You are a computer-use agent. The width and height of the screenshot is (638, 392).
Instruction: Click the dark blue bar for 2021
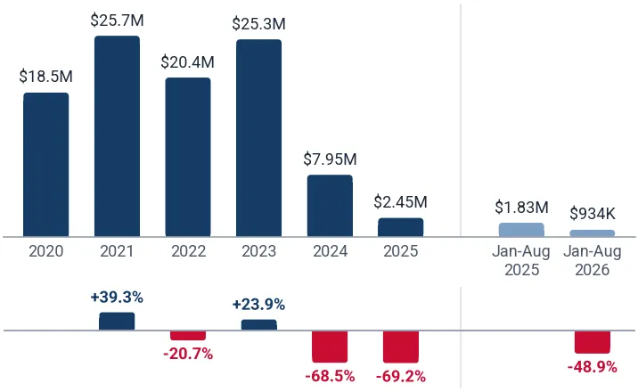(118, 136)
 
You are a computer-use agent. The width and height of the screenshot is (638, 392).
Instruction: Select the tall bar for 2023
(258, 138)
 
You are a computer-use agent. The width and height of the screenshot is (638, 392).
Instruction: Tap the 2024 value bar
(330, 206)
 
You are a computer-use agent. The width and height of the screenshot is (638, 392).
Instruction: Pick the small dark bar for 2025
(401, 227)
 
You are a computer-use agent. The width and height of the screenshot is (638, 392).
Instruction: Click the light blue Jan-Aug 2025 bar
(521, 230)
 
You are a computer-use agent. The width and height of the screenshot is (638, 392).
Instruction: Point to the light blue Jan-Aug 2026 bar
(593, 233)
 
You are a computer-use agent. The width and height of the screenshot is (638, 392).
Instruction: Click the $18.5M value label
(46, 77)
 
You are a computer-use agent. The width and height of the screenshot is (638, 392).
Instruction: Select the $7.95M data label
(330, 159)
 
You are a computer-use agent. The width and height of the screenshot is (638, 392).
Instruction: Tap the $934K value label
(593, 214)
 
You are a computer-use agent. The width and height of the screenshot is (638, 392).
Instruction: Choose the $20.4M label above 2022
(188, 62)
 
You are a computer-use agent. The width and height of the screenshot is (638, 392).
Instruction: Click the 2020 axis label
(46, 251)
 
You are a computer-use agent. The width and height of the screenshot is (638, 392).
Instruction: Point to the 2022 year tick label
(188, 251)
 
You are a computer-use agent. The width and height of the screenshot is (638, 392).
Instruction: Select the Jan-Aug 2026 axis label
(593, 261)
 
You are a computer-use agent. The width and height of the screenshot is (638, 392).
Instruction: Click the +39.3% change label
(117, 298)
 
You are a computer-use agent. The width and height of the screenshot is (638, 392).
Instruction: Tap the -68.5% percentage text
(330, 376)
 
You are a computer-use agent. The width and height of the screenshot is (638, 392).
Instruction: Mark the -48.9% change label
(593, 367)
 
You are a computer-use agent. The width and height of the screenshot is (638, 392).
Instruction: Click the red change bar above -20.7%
(188, 336)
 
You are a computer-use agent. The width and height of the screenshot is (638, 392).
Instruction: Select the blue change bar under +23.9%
(258, 325)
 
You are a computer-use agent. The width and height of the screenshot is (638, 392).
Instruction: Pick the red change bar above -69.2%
(401, 347)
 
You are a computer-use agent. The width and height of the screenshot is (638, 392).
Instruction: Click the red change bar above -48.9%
(593, 342)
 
